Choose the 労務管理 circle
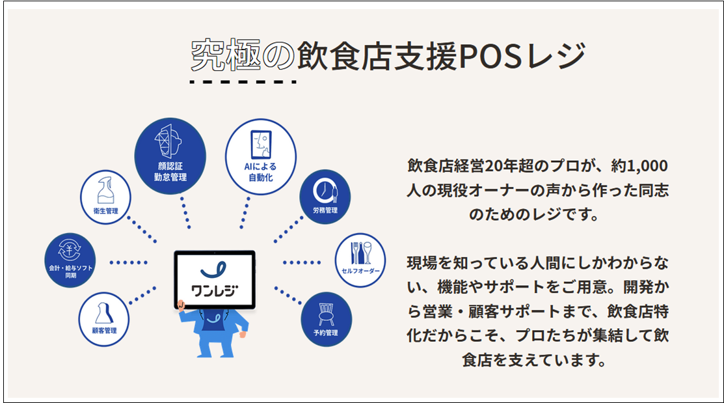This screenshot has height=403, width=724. (325, 196)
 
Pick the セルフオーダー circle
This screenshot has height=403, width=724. (360, 260)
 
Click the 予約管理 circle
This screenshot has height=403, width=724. (325, 318)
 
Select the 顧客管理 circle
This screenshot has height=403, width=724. (103, 319)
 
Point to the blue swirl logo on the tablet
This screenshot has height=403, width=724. (213, 270)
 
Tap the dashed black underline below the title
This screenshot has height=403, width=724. (243, 82)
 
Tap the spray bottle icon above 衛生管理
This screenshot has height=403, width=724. (105, 189)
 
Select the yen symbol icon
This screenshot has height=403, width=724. (69, 250)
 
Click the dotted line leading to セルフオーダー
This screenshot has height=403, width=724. (303, 262)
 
